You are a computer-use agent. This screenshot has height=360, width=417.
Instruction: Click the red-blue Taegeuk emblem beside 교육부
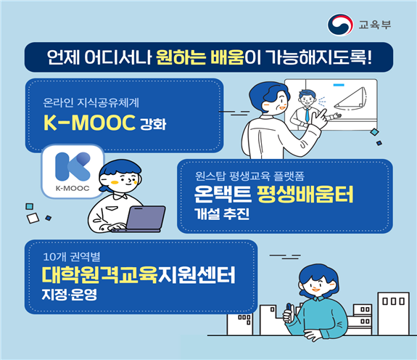click(x=340, y=25)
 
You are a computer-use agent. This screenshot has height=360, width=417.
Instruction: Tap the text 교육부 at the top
click(x=375, y=25)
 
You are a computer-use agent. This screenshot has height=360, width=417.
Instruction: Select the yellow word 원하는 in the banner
click(x=181, y=57)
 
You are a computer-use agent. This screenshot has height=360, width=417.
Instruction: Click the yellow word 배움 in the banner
click(x=227, y=57)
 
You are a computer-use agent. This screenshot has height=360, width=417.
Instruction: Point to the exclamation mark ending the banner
click(x=369, y=57)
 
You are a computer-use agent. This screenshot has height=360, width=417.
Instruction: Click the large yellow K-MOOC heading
click(x=89, y=123)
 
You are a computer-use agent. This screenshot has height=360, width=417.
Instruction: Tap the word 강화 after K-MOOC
click(x=153, y=124)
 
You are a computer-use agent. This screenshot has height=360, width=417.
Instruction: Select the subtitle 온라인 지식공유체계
click(x=91, y=103)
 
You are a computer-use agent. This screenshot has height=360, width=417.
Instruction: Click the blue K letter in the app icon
click(x=73, y=166)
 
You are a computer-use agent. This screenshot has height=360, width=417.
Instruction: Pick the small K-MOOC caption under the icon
click(x=73, y=189)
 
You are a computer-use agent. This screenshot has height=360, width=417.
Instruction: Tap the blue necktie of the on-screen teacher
click(x=307, y=115)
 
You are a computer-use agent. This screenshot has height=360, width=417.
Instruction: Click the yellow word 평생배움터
click(x=305, y=195)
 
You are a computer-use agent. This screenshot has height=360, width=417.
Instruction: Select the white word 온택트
click(x=223, y=195)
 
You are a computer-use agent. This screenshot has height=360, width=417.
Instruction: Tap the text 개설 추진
click(x=222, y=214)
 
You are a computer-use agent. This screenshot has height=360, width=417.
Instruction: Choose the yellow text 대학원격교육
click(x=100, y=275)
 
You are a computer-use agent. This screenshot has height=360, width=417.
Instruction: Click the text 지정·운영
click(x=69, y=295)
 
